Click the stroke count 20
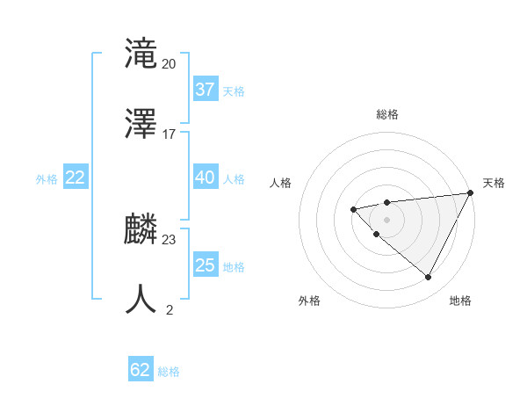pos(170,64)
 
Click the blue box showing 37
pos(205,90)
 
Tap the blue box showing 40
pos(205,178)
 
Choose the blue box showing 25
pos(205,265)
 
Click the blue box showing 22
pos(76,178)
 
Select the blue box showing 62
pos(140,370)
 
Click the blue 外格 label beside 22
pos(47,179)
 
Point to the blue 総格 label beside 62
pos(169,372)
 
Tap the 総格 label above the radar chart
pos(387,114)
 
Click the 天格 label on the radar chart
pos(495,183)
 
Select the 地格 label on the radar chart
pos(460,301)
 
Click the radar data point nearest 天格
pos(471,192)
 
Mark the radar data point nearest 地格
pos(428,278)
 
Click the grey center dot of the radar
pos(386,218)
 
